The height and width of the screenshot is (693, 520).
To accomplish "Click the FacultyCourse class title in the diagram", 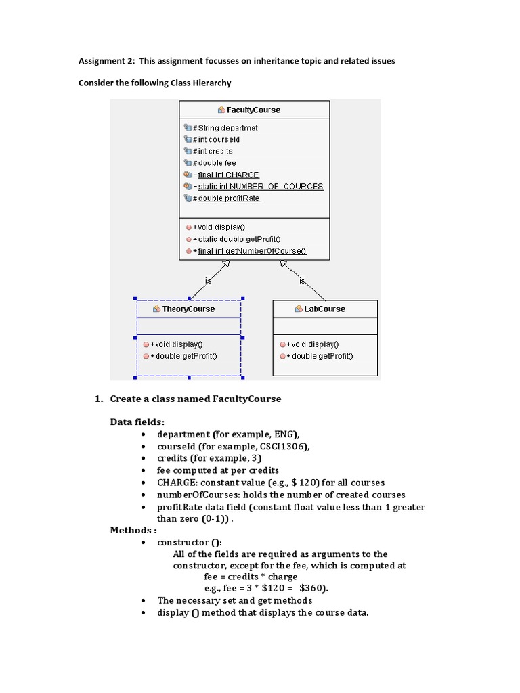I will tap(253, 110).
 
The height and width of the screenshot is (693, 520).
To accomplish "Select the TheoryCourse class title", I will tap(188, 309).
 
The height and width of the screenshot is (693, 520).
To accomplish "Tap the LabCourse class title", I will tap(325, 309).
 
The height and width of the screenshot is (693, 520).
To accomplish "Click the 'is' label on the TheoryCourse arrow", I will tap(208, 280).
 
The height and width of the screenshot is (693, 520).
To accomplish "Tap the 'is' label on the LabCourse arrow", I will tap(302, 280).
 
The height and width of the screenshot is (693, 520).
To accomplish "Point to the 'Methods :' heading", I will tap(133, 530).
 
